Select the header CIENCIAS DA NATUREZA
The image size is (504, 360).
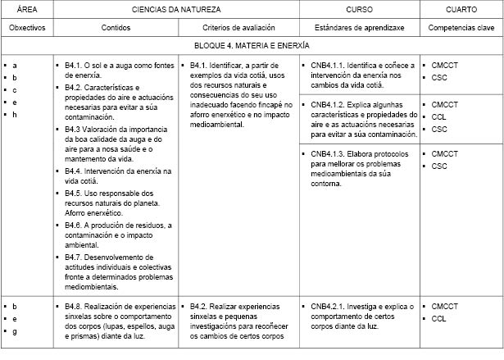tap(173, 9)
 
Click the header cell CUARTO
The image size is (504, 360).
tap(461, 9)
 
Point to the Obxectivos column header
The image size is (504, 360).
tap(27, 27)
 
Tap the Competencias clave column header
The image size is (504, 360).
tap(461, 27)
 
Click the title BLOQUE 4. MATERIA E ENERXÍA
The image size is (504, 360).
tap(252, 46)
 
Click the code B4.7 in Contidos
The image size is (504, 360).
tap(73, 257)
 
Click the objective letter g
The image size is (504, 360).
tap(15, 330)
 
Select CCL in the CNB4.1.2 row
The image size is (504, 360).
tap(439, 117)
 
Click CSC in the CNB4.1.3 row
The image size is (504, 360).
tap(439, 166)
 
